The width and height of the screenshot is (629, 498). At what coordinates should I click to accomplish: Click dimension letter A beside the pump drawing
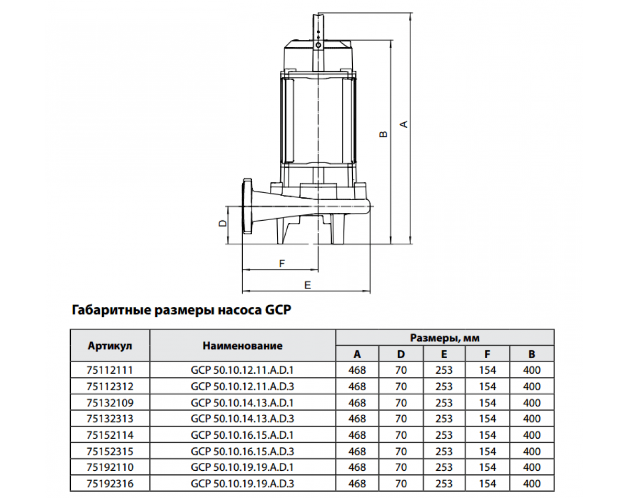point(404,124)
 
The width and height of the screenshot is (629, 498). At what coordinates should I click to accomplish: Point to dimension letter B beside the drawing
point(383,134)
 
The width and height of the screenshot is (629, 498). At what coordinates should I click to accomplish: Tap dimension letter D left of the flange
point(223,223)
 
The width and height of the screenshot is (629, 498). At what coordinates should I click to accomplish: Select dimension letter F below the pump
point(282,264)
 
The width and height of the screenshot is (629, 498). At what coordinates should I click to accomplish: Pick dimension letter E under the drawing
point(308,285)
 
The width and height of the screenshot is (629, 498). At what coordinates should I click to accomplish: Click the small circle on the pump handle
point(319,45)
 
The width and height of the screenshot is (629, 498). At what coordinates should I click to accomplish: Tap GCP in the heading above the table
point(278,310)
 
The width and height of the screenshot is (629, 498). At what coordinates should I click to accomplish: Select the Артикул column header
point(110,346)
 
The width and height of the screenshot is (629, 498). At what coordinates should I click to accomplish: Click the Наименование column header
point(243,346)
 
